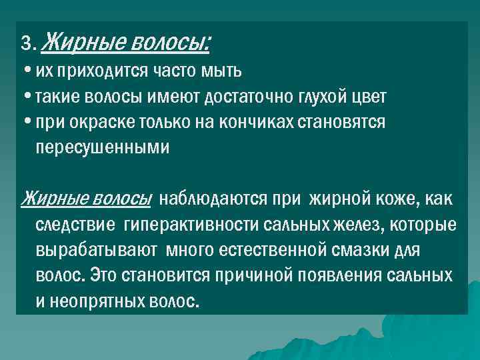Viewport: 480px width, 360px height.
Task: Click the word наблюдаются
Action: click(x=212, y=199)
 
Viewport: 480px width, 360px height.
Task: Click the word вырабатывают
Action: click(x=95, y=250)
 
